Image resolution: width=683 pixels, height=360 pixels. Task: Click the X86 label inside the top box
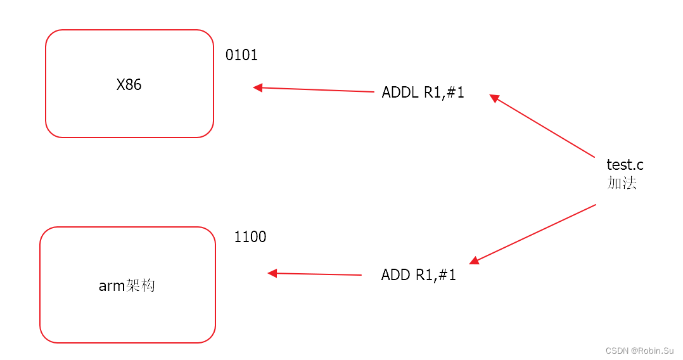(x=129, y=85)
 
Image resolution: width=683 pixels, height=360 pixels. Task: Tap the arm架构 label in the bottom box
(x=127, y=286)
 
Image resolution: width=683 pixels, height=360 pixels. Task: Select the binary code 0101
(x=241, y=56)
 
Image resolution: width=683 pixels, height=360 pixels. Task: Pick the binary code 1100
(x=250, y=237)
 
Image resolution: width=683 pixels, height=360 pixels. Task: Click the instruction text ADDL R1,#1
(x=423, y=93)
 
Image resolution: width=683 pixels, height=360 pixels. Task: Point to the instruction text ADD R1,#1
(x=418, y=275)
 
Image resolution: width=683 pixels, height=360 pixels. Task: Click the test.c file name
(x=625, y=165)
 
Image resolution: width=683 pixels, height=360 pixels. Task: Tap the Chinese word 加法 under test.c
(x=622, y=183)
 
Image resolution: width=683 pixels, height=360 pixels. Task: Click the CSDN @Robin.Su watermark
(x=640, y=350)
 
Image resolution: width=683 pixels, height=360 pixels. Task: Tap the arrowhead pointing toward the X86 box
(x=258, y=87)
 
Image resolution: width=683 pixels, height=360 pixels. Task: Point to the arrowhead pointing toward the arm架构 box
(x=272, y=273)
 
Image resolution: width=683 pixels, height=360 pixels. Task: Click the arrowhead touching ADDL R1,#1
(x=495, y=98)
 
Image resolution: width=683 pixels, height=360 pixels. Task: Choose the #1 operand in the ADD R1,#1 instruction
(x=448, y=275)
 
